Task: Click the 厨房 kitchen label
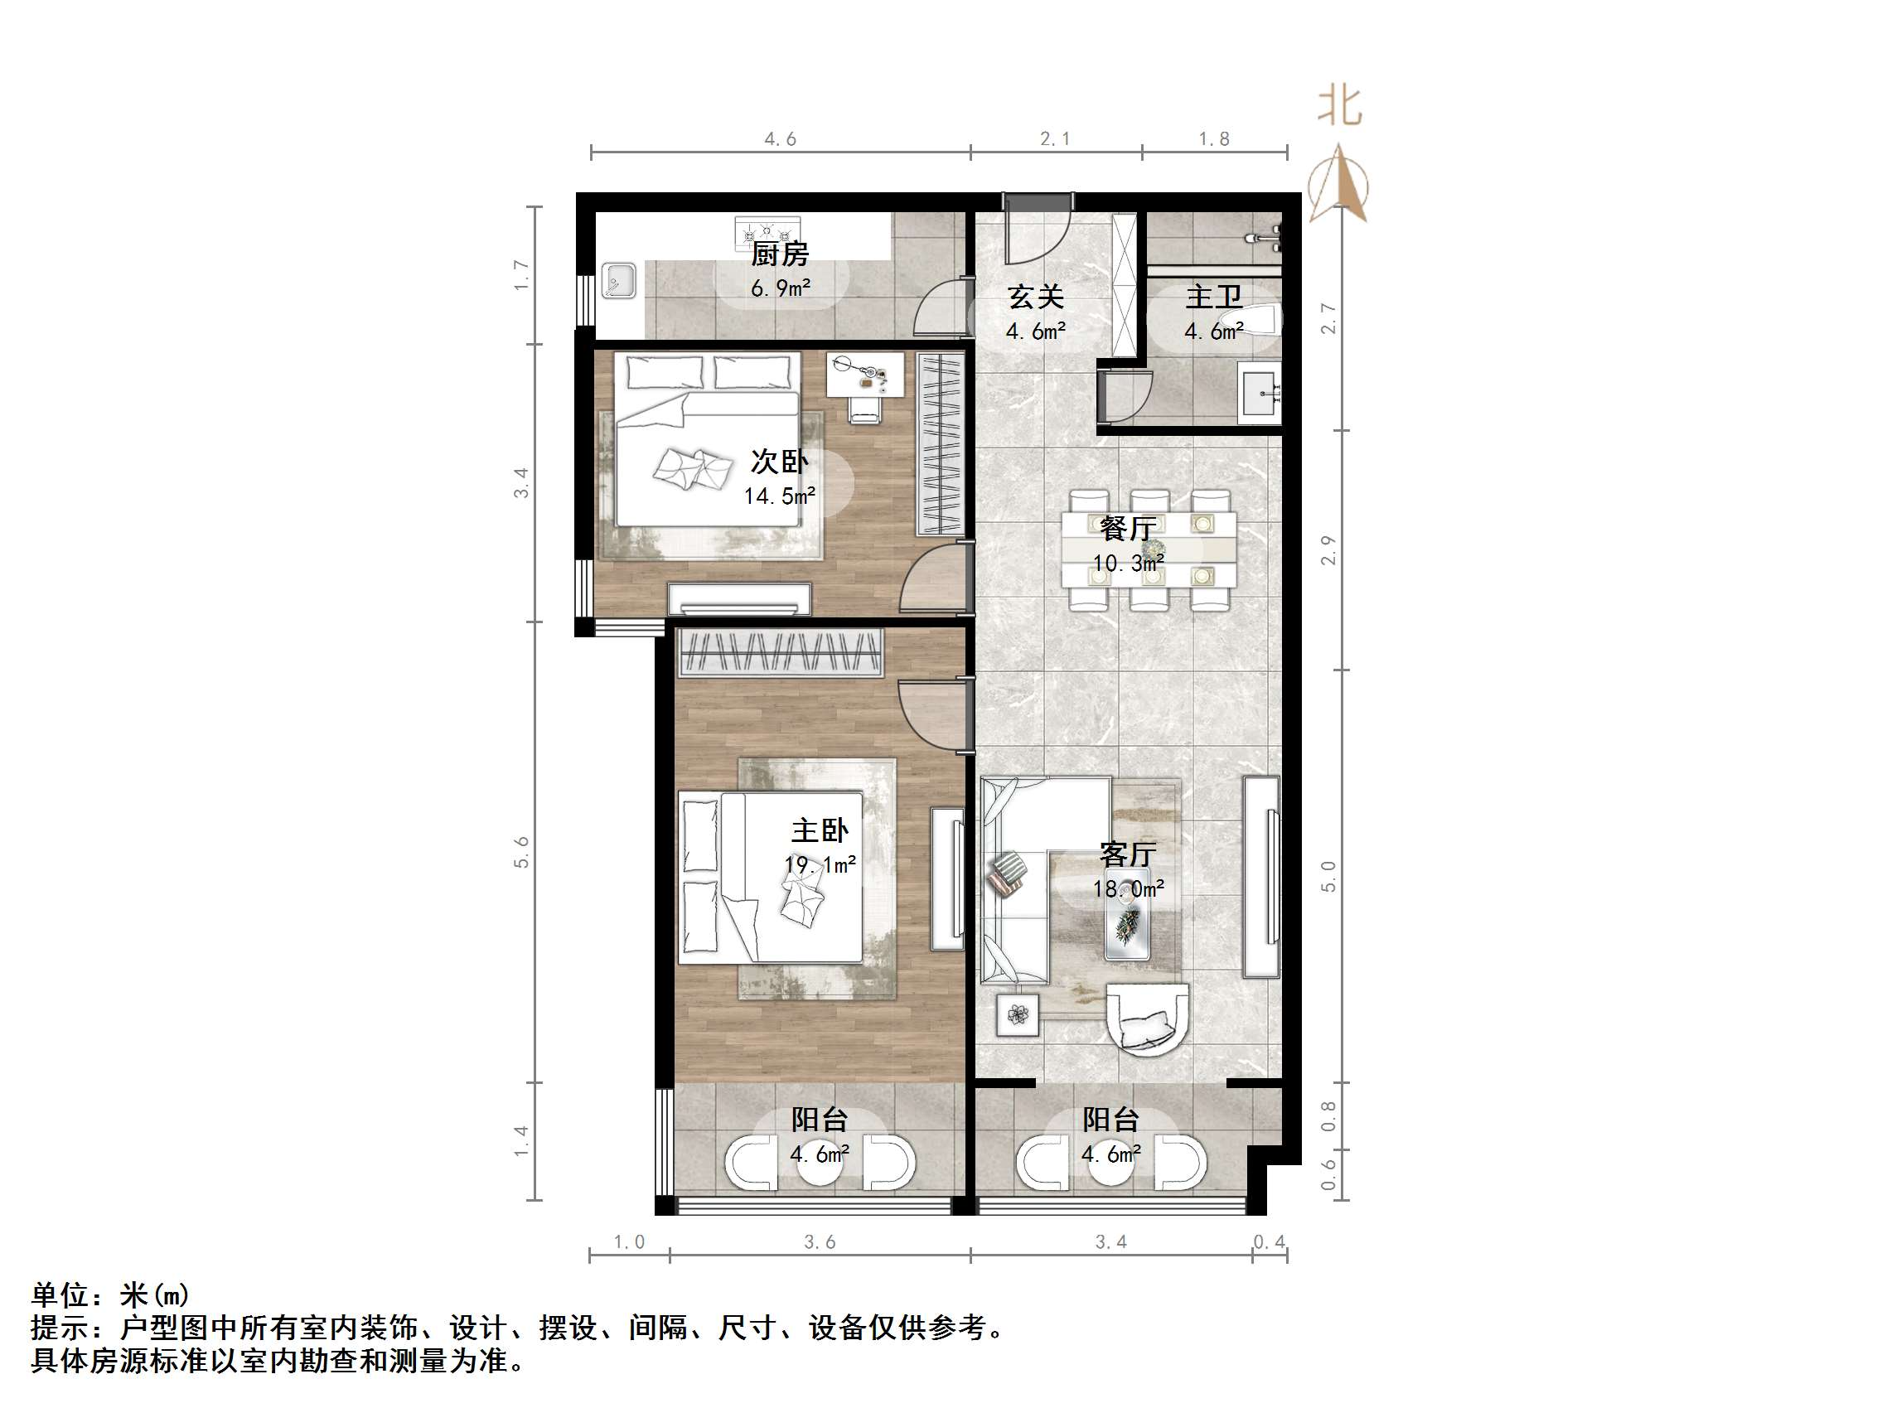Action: tap(780, 253)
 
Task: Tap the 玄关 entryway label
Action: tap(1035, 297)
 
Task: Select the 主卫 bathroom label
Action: tap(1213, 297)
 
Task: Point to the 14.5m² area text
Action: tap(780, 496)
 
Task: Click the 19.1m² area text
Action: tap(820, 864)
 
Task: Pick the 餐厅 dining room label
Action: tap(1128, 529)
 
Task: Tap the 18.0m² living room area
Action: tap(1128, 888)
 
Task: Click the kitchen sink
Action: tap(618, 281)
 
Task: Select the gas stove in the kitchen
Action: tap(767, 230)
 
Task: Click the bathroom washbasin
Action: tap(1260, 392)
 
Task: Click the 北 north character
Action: tap(1340, 107)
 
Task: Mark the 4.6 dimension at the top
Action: tap(780, 139)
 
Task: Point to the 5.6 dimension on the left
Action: tap(521, 852)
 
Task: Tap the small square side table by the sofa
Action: tap(1017, 1014)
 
